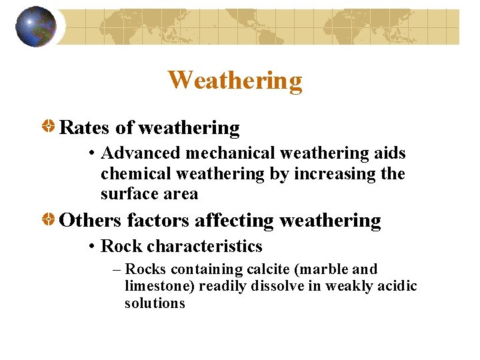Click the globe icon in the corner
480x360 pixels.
[36, 27]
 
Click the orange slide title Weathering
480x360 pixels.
[235, 80]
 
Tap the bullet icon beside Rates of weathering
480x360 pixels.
[49, 127]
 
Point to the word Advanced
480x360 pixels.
[141, 153]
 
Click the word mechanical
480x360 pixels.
[230, 153]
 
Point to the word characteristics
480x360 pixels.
[205, 246]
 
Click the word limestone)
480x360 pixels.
[157, 286]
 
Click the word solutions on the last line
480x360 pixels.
[155, 303]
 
